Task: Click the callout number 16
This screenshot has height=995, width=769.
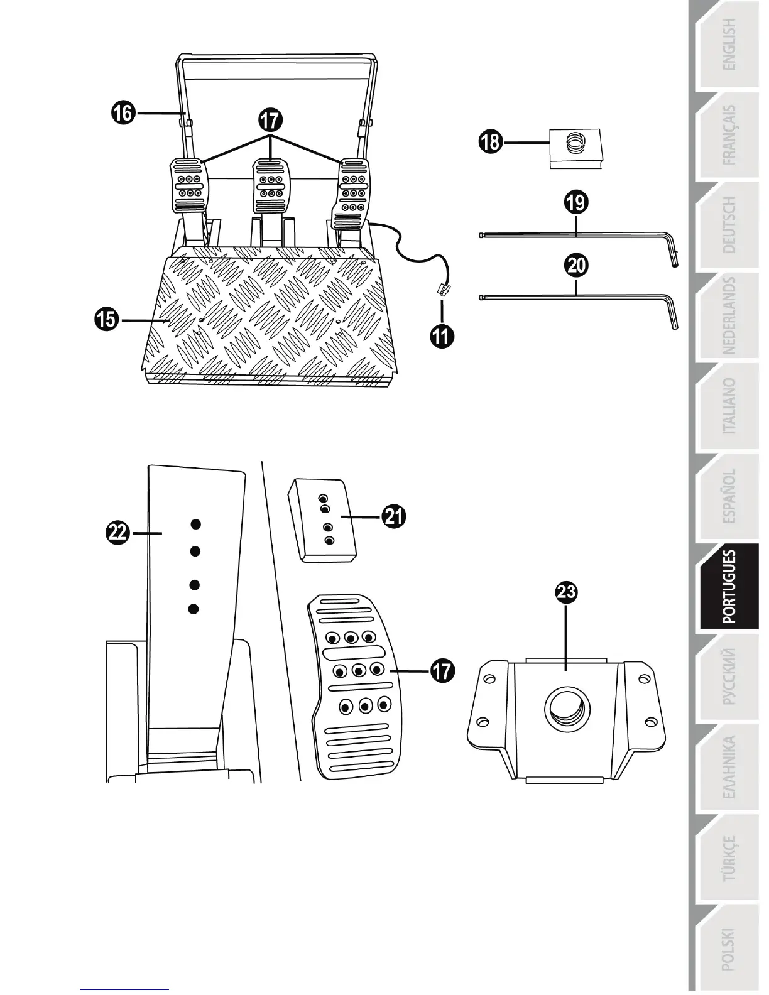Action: [x=124, y=113]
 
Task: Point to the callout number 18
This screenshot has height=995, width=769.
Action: [x=490, y=141]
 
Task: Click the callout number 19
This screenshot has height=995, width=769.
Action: [x=576, y=202]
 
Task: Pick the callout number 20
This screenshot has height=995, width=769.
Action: [x=576, y=265]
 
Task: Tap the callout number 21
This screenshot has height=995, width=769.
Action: [x=394, y=516]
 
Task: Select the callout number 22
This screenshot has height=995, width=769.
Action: [x=117, y=533]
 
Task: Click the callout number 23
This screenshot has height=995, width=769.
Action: [x=567, y=592]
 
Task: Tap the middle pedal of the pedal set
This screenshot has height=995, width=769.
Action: [x=271, y=186]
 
